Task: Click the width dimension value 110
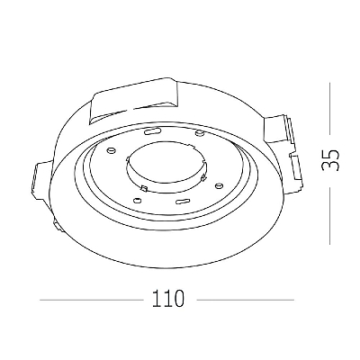[167, 299]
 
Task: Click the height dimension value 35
[329, 160]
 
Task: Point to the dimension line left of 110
[92, 300]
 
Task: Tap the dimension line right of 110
[245, 300]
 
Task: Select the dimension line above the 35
[329, 109]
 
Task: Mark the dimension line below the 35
[329, 216]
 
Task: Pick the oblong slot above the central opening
[152, 131]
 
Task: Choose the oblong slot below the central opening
[183, 201]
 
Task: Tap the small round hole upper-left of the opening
[111, 149]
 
